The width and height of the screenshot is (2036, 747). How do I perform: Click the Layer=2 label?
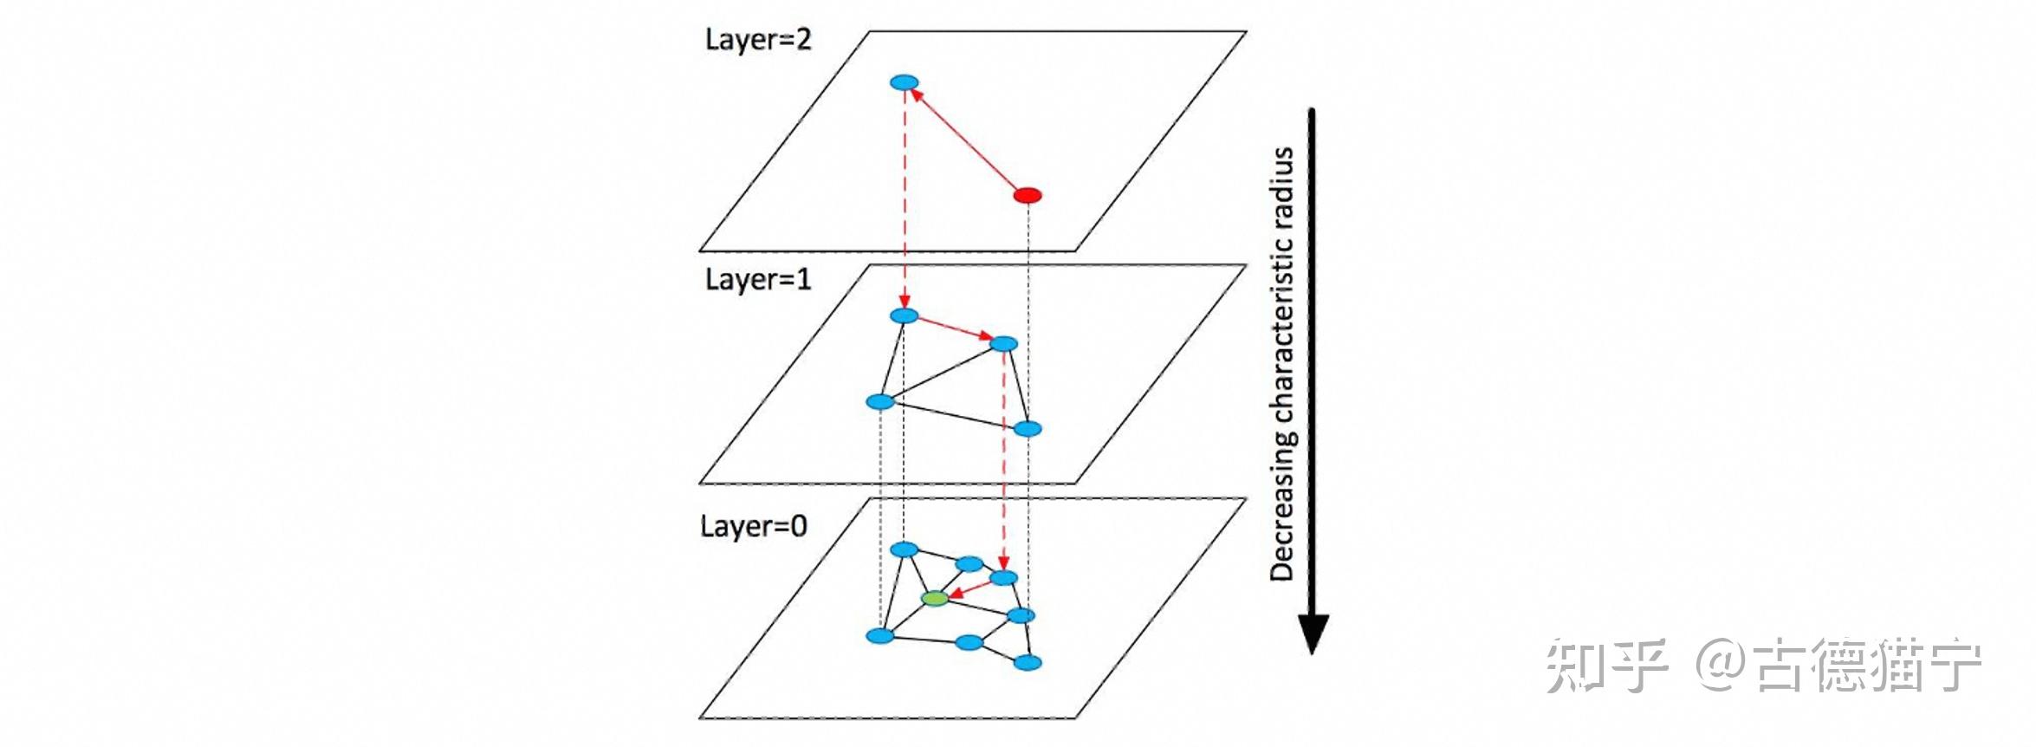(758, 40)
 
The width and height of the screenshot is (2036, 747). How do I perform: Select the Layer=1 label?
(758, 279)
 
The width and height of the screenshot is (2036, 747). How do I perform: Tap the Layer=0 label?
(754, 526)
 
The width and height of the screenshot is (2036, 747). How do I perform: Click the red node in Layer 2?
(1028, 195)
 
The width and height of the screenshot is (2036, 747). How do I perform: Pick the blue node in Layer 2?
(904, 83)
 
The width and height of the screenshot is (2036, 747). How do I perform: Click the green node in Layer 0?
(935, 598)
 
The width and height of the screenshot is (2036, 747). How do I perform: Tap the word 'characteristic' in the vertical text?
(1281, 329)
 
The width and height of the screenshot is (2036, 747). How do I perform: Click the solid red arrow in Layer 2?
(966, 140)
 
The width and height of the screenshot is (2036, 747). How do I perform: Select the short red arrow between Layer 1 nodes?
(954, 330)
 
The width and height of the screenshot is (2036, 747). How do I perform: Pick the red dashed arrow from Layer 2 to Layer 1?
(905, 199)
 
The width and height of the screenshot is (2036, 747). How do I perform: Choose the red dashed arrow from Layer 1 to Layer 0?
(1003, 459)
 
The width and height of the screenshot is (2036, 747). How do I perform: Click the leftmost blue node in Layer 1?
(880, 402)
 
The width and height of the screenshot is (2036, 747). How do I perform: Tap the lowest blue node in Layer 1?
(1028, 429)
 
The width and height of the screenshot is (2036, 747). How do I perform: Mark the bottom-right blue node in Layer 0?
(1028, 663)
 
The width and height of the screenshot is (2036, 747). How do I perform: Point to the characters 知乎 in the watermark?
(1607, 666)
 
